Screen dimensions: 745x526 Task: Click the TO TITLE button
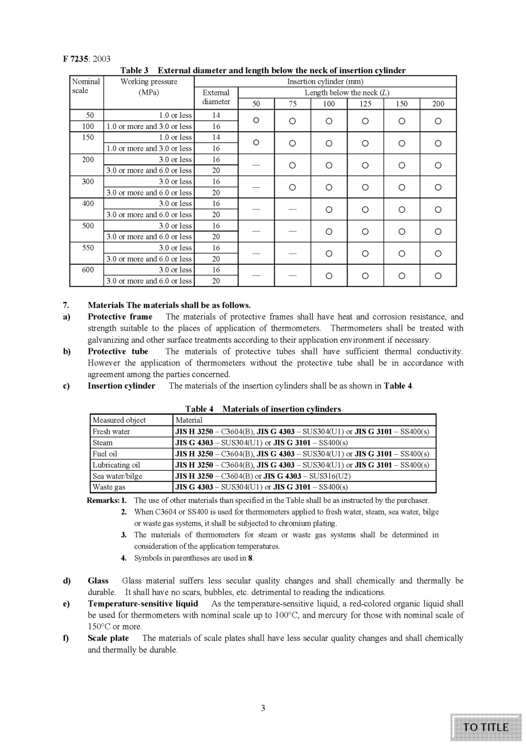(486, 727)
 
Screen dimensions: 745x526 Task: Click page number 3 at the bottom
(263, 708)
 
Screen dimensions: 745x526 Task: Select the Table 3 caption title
(263, 70)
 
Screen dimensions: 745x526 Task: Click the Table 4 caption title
(263, 409)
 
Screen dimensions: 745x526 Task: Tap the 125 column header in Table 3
(365, 104)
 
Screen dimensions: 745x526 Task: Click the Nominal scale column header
(86, 86)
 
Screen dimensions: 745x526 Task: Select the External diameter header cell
(216, 97)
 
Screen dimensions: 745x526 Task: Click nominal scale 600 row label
(88, 270)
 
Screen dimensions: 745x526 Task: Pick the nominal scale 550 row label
(88, 248)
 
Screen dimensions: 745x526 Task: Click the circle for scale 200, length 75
(292, 165)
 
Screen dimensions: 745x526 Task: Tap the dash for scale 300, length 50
(256, 187)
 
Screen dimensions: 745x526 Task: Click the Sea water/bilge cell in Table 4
(117, 476)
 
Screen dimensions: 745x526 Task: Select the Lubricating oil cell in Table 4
(116, 465)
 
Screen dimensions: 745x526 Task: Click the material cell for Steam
(261, 443)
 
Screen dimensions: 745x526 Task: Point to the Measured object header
(119, 420)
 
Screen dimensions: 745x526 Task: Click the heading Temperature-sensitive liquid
(142, 604)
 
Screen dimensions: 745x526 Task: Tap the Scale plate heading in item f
(108, 638)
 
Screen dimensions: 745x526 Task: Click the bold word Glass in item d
(98, 580)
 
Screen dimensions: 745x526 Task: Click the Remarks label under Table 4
(103, 500)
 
